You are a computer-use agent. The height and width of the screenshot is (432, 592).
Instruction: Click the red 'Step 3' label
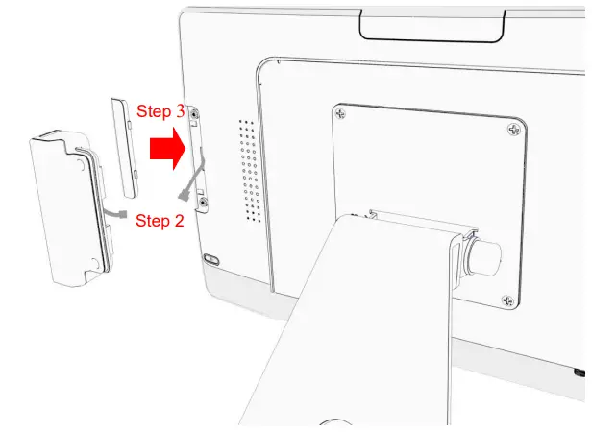coord(160,111)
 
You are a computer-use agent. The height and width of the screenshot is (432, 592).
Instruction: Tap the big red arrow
coord(167,151)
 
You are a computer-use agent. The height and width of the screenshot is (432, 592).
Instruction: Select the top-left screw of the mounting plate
coord(338,115)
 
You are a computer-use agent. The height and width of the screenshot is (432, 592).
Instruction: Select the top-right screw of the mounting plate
coord(515,128)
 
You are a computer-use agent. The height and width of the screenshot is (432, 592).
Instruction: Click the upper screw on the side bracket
coord(196,115)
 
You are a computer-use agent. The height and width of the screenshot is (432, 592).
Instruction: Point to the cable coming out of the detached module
coord(115,209)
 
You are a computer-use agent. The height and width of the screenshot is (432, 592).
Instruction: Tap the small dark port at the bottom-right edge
coord(579,371)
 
